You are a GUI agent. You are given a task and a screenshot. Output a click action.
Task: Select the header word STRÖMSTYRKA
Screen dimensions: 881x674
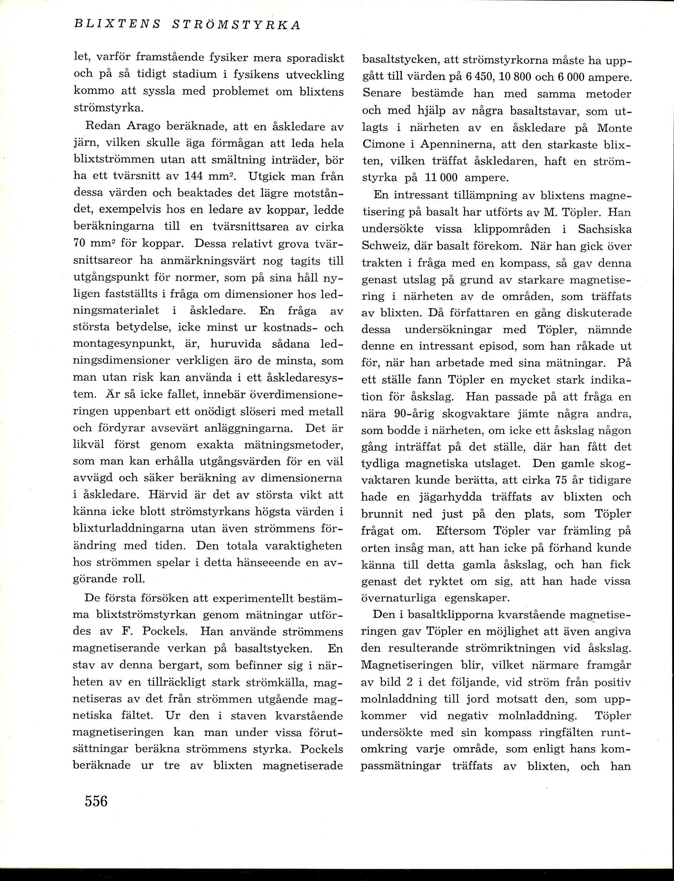click(236, 24)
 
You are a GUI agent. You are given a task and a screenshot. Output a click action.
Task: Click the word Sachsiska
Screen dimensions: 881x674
click(605, 229)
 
